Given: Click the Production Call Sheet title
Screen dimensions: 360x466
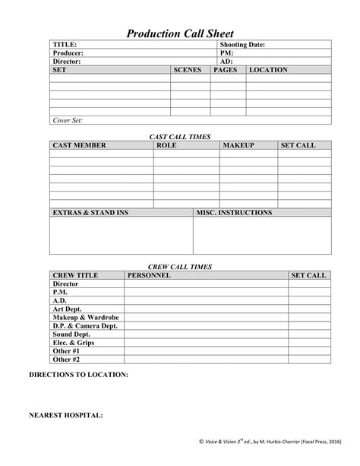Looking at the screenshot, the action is pyautogui.click(x=179, y=33).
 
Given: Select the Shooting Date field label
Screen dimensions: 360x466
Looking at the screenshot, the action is pyautogui.click(x=242, y=45).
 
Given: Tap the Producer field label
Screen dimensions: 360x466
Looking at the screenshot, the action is pyautogui.click(x=68, y=53).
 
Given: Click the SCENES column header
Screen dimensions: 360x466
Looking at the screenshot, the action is pyautogui.click(x=187, y=70).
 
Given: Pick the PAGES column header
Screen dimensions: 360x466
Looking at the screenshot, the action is pyautogui.click(x=226, y=70).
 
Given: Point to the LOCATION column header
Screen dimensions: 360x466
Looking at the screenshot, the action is pyautogui.click(x=268, y=70).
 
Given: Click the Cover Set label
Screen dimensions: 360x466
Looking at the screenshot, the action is pyautogui.click(x=68, y=120).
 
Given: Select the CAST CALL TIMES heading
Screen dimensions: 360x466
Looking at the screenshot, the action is pyautogui.click(x=179, y=136).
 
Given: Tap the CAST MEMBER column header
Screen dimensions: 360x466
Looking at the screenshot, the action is pyautogui.click(x=79, y=144).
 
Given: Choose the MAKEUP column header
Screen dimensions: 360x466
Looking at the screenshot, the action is pyautogui.click(x=238, y=144).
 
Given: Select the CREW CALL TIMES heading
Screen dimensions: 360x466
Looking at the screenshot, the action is pyautogui.click(x=179, y=267).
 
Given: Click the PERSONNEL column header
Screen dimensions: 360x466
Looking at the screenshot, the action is pyautogui.click(x=150, y=275).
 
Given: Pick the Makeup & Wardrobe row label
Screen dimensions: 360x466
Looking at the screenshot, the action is pyautogui.click(x=84, y=317).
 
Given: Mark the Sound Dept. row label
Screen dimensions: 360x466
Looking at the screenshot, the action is pyautogui.click(x=72, y=334).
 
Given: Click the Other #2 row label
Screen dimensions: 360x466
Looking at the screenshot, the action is pyautogui.click(x=66, y=359).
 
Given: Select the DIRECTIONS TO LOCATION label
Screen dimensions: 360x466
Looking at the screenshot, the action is pyautogui.click(x=78, y=375).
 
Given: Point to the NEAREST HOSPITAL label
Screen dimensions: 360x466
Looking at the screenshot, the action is pyautogui.click(x=67, y=416).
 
